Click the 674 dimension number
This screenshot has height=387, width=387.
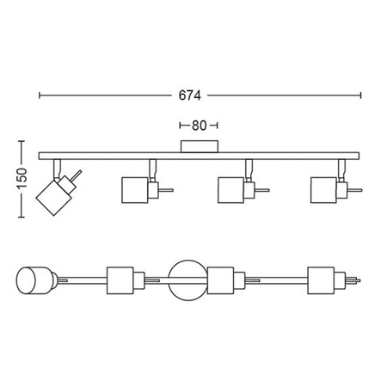189,95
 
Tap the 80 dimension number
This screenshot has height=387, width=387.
199,126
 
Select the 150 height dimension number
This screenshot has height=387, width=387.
21,179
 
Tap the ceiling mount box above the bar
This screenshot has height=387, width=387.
200,146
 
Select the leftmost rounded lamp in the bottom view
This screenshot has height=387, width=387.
34,280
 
